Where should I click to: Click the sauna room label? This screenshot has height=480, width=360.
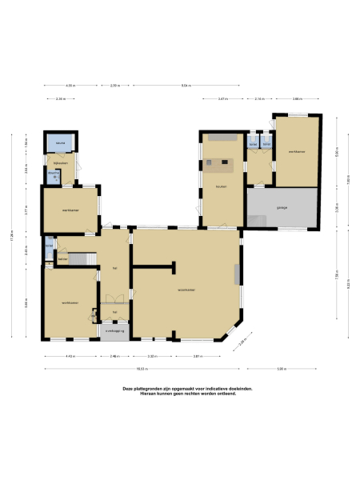pos(60,144)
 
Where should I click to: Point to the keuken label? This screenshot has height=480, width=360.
pos(221,187)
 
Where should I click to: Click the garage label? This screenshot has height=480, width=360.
pos(282,207)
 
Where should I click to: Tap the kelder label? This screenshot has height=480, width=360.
pos(62,260)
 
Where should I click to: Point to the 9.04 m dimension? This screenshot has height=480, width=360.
pos(186,84)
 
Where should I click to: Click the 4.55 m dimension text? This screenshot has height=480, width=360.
pos(70,84)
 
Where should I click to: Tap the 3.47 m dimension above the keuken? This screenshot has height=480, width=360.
pos(222,98)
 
